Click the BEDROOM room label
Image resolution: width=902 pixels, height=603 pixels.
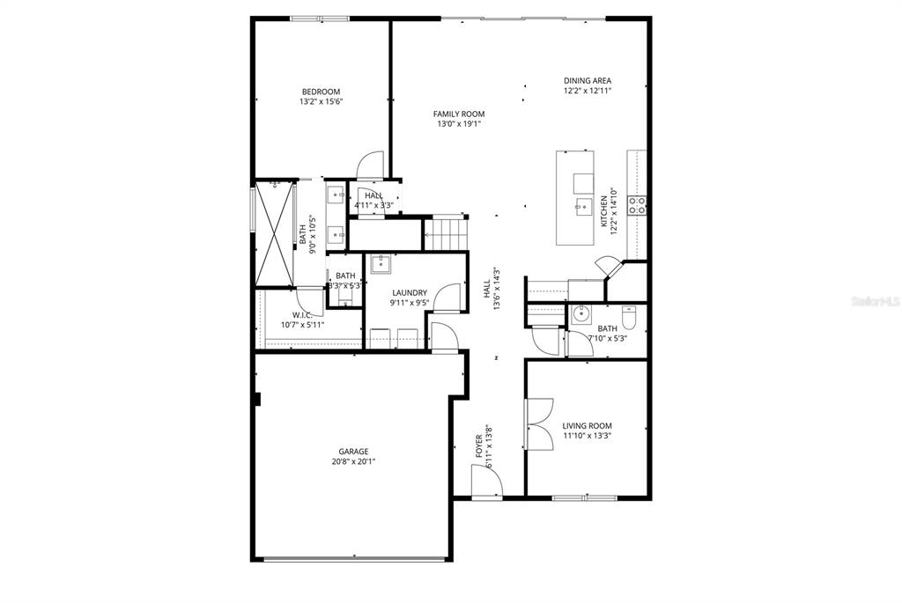(x=321, y=92)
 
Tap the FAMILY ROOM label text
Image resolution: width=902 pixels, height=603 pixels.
(x=458, y=114)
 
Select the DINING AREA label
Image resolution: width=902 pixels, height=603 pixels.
(x=588, y=81)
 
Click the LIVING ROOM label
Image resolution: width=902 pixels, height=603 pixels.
(x=588, y=426)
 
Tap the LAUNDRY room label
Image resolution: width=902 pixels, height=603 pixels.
(x=409, y=293)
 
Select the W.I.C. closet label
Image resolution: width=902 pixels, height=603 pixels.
(x=302, y=315)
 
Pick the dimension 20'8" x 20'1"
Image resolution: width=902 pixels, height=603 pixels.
(x=356, y=461)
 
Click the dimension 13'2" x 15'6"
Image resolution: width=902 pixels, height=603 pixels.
(x=321, y=101)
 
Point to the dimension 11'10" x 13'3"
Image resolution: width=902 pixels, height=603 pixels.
(x=588, y=436)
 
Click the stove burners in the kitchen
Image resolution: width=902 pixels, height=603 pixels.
(x=637, y=206)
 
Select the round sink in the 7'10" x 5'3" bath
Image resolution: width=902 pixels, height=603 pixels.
(x=580, y=314)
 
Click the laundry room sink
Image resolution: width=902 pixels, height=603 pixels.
(x=381, y=263)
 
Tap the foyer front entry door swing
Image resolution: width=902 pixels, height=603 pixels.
(x=486, y=481)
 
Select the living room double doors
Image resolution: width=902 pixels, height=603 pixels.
(x=538, y=423)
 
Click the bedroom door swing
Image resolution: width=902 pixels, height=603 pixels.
(x=371, y=165)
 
